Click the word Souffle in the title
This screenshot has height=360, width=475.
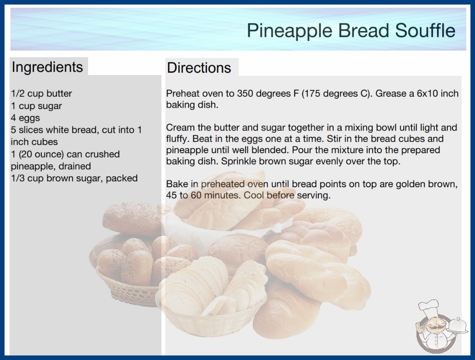click(425, 30)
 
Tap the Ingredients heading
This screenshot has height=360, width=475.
click(47, 67)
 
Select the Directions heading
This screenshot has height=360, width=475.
click(199, 68)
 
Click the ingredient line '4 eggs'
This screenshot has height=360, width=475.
click(25, 118)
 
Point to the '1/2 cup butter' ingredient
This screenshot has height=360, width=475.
click(41, 94)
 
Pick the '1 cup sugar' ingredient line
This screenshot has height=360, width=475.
click(36, 106)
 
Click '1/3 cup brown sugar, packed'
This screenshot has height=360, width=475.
click(74, 178)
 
